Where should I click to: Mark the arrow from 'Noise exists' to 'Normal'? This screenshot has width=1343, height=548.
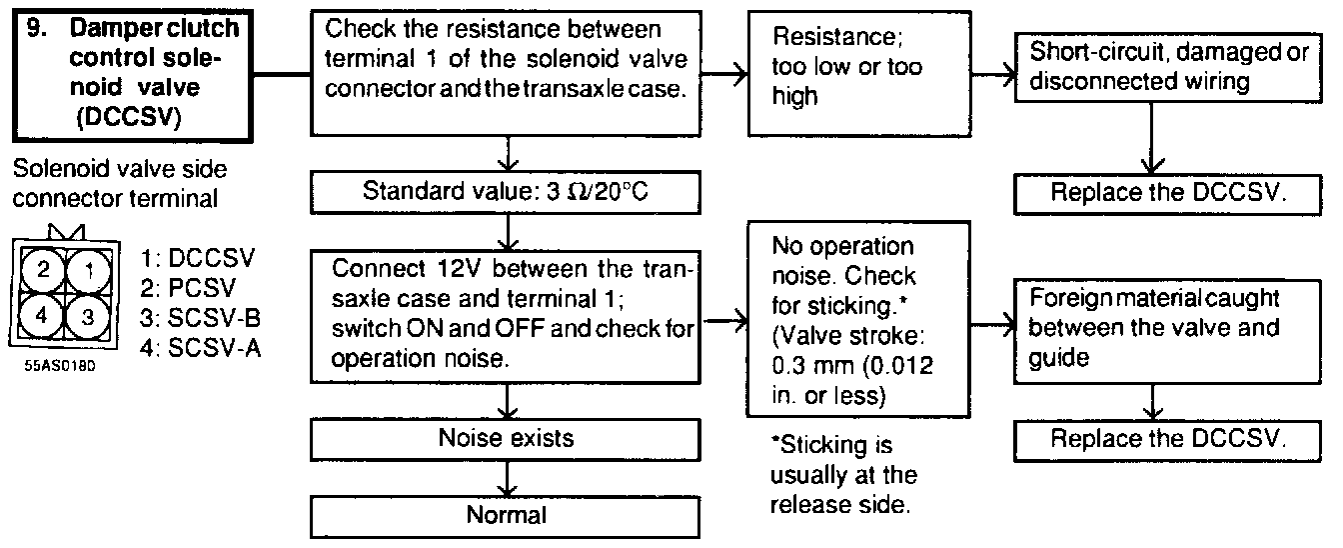tap(510, 476)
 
